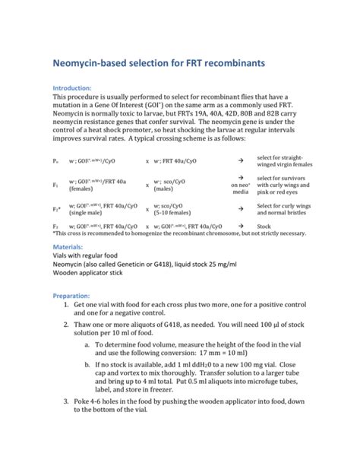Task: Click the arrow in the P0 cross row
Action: click(240, 161)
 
